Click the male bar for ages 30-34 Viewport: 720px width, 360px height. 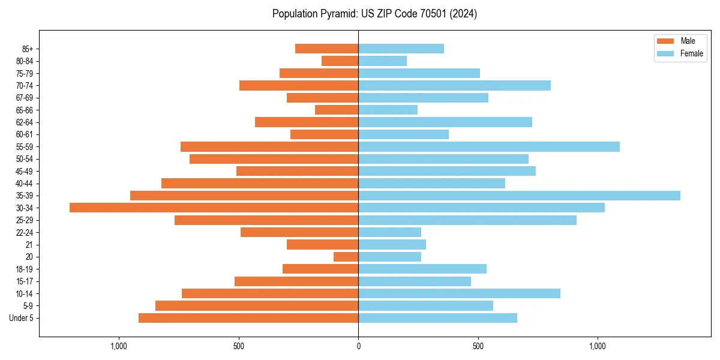click(x=214, y=208)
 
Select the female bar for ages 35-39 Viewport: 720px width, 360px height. click(x=519, y=196)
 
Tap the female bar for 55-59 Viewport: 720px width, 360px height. click(x=489, y=146)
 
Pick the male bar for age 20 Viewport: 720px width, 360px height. click(x=346, y=257)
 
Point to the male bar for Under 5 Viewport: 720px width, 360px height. click(x=248, y=318)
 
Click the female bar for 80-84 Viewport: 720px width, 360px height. click(x=382, y=61)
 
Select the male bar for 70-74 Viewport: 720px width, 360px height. click(x=299, y=85)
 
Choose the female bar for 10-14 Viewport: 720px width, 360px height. click(x=459, y=293)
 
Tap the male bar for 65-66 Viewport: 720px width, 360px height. click(x=337, y=110)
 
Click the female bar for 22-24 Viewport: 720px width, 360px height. click(x=389, y=232)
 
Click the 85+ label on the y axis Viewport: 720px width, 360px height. click(x=26, y=49)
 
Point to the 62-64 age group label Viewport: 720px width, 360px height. click(x=24, y=122)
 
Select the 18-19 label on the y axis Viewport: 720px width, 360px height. click(x=24, y=269)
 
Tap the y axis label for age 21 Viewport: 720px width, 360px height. click(x=29, y=245)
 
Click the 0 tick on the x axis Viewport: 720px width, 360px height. click(x=358, y=346)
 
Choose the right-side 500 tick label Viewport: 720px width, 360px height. click(x=478, y=346)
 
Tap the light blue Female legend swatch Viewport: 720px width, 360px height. click(x=665, y=53)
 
